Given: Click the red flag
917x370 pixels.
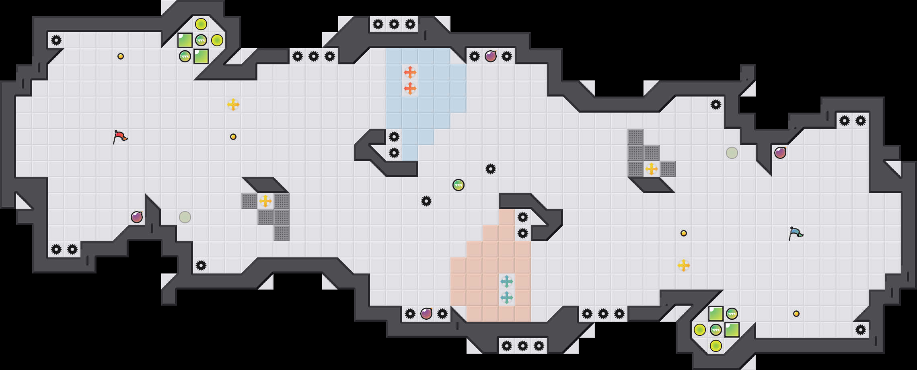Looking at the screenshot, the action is pos(120,137).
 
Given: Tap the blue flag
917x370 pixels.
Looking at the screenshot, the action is pos(796,233).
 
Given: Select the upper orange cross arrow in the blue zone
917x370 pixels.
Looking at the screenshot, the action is pos(410,72).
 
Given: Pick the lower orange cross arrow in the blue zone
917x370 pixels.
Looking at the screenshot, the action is pos(410,88).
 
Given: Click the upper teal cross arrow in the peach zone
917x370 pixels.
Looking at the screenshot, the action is pos(506,282).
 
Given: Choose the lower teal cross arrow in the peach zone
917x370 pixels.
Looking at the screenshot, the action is pos(506,298).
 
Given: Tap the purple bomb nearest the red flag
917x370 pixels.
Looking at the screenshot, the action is pos(137,217).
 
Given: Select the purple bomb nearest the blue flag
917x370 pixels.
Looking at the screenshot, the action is pos(780,153).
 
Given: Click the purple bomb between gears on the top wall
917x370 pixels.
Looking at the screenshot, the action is pos(491,56).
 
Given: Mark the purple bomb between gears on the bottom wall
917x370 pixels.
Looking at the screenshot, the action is pos(426,314).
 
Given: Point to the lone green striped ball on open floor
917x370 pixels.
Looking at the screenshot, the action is pos(458,185).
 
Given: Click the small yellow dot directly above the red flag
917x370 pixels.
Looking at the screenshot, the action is pos(121,56).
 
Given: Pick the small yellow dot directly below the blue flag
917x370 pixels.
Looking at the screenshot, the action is pos(796,314).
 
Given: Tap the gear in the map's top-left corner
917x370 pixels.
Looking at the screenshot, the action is pos(56,40).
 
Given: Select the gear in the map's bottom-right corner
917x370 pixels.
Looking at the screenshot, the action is pos(861,330).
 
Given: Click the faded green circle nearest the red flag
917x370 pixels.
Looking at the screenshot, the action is pos(185,217).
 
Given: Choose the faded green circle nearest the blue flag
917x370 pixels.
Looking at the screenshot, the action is pos(732,153).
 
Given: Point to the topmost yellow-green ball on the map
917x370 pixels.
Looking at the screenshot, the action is pos(201,24).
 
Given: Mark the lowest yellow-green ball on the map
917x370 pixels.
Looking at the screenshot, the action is pos(716,346).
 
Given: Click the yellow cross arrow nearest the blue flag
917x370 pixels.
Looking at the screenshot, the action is pos(684,265).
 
